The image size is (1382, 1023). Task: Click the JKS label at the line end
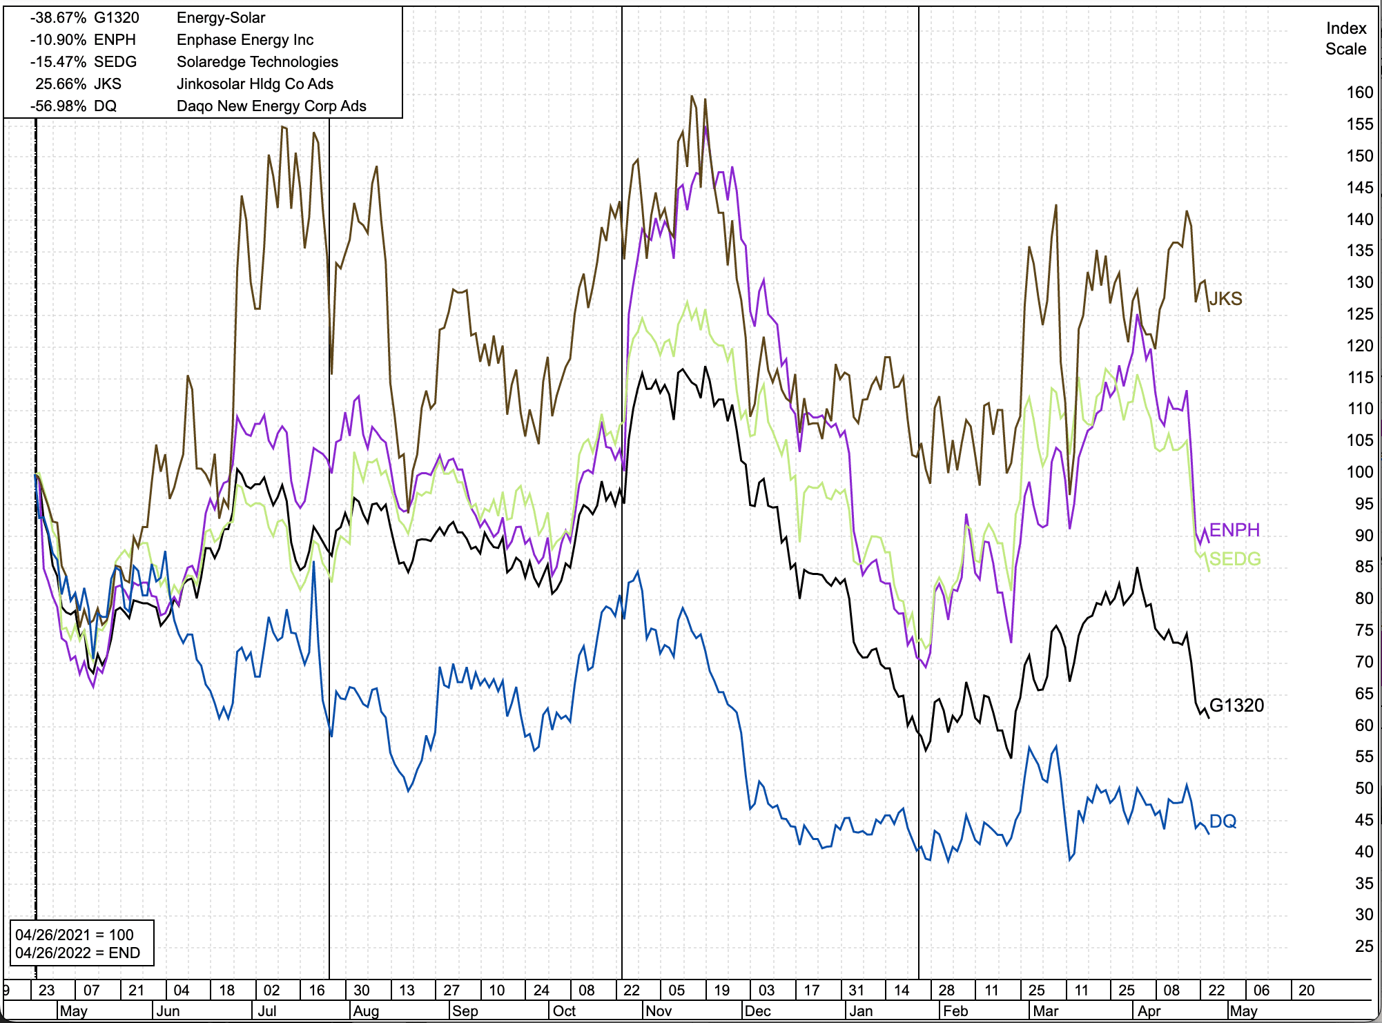1226,298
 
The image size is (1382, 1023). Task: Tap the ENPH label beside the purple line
1234,529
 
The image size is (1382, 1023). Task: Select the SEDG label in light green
1235,558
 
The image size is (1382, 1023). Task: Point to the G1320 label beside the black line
1236,705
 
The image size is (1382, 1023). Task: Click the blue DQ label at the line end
1223,821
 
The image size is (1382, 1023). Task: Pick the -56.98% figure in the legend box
58,106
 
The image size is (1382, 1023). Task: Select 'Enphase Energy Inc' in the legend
245,40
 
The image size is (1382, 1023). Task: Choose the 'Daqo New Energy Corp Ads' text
271,106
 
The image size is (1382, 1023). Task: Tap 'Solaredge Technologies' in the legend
257,62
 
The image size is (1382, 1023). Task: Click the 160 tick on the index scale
1359,92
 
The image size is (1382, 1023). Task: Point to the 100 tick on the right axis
1359,472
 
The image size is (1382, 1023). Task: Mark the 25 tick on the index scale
1363,946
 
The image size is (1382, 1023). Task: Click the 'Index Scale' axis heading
1345,39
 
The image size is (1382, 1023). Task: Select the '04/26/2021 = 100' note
75,935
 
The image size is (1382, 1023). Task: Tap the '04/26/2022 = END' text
77,953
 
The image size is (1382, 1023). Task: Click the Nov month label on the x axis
659,1011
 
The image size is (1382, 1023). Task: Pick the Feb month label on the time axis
955,1011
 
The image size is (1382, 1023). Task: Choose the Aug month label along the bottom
366,1011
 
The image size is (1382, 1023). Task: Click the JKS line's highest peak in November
692,96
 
